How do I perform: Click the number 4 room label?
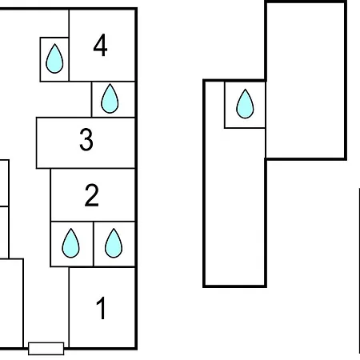[x=100, y=45]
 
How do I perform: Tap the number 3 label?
[x=86, y=139]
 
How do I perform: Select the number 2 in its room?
[x=92, y=195]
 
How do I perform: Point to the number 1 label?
[x=102, y=308]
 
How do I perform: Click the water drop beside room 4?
[x=54, y=58]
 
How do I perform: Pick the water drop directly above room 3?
[x=110, y=98]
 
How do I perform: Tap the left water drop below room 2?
[x=70, y=243]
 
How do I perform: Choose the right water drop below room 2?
[x=114, y=243]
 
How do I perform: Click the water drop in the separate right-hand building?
[x=245, y=104]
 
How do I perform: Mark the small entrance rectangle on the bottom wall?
[x=46, y=349]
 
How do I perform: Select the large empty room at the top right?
[x=306, y=81]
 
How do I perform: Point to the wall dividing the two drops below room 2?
[x=94, y=244]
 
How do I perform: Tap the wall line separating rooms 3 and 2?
[x=93, y=168]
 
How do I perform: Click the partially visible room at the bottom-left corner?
[x=11, y=303]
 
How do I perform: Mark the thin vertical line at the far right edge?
[x=359, y=270]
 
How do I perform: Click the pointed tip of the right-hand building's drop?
[x=245, y=90]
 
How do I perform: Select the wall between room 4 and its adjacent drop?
[x=69, y=59]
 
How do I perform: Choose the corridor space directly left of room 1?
[x=46, y=304]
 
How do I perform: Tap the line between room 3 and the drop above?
[x=114, y=117]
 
